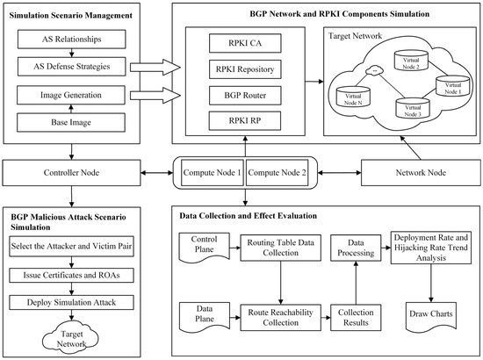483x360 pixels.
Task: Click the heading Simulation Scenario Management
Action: [x=64, y=16]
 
